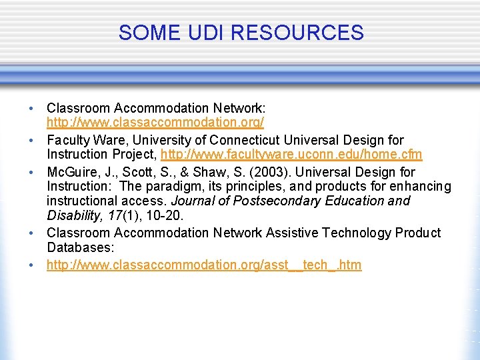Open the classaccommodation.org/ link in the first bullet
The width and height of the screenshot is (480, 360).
[155, 123]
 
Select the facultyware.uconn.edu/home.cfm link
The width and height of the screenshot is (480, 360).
[291, 155]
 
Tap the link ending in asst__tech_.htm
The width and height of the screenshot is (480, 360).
[204, 265]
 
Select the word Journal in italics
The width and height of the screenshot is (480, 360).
[194, 201]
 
